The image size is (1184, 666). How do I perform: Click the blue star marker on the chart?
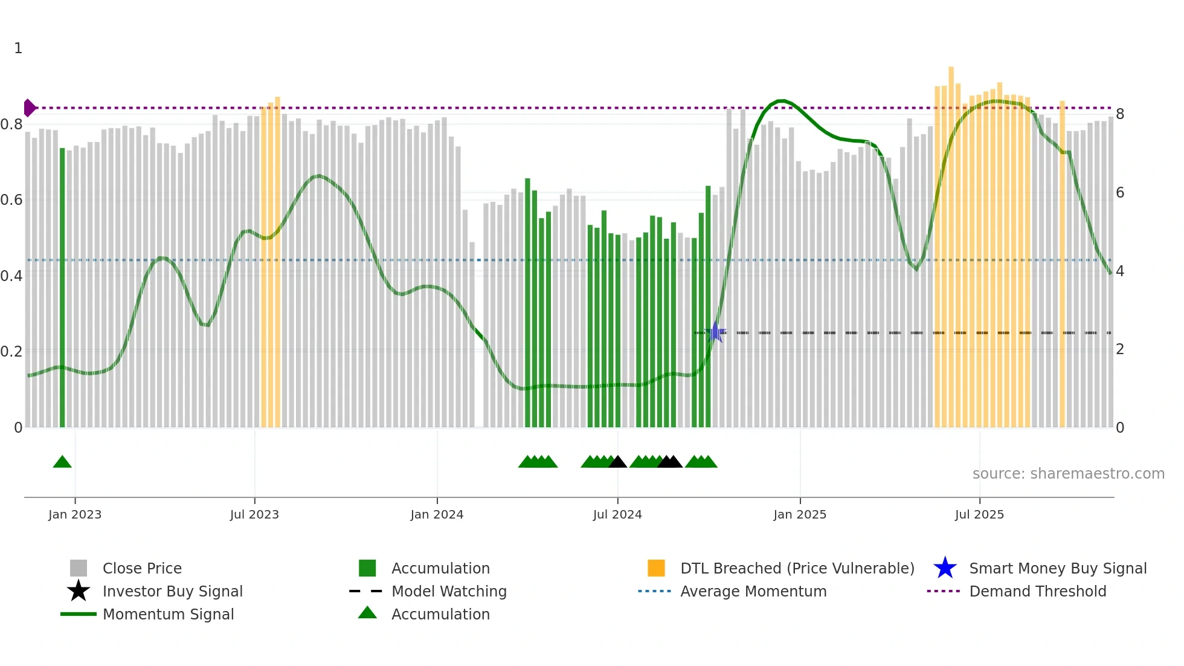pyautogui.click(x=715, y=332)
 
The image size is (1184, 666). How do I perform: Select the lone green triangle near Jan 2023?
pyautogui.click(x=62, y=462)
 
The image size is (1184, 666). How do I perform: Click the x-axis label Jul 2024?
pyautogui.click(x=617, y=515)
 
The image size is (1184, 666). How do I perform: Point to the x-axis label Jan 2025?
pyautogui.click(x=800, y=515)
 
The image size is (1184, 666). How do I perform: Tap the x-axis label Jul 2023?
pyautogui.click(x=254, y=515)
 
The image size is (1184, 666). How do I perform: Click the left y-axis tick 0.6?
pyautogui.click(x=12, y=200)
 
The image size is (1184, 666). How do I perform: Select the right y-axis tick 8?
pyautogui.click(x=1120, y=114)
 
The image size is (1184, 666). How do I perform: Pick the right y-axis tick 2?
pyautogui.click(x=1120, y=349)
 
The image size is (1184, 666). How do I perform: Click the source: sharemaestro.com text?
pyautogui.click(x=1068, y=474)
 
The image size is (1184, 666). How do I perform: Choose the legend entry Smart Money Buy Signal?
pyautogui.click(x=1057, y=569)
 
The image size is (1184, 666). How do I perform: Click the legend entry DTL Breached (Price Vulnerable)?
pyautogui.click(x=797, y=569)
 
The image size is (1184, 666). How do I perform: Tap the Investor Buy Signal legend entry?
pyautogui.click(x=172, y=592)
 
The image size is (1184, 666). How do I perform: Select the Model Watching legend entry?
pyautogui.click(x=449, y=592)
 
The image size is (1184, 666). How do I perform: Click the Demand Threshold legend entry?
pyautogui.click(x=1037, y=592)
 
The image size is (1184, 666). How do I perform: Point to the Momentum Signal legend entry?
pyautogui.click(x=168, y=615)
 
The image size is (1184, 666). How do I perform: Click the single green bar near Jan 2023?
pyautogui.click(x=62, y=290)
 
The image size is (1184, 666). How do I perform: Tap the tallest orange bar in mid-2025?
pyautogui.click(x=951, y=248)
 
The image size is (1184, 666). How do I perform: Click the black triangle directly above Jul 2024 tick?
pyautogui.click(x=617, y=462)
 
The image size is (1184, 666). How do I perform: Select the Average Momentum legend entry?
pyautogui.click(x=753, y=592)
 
